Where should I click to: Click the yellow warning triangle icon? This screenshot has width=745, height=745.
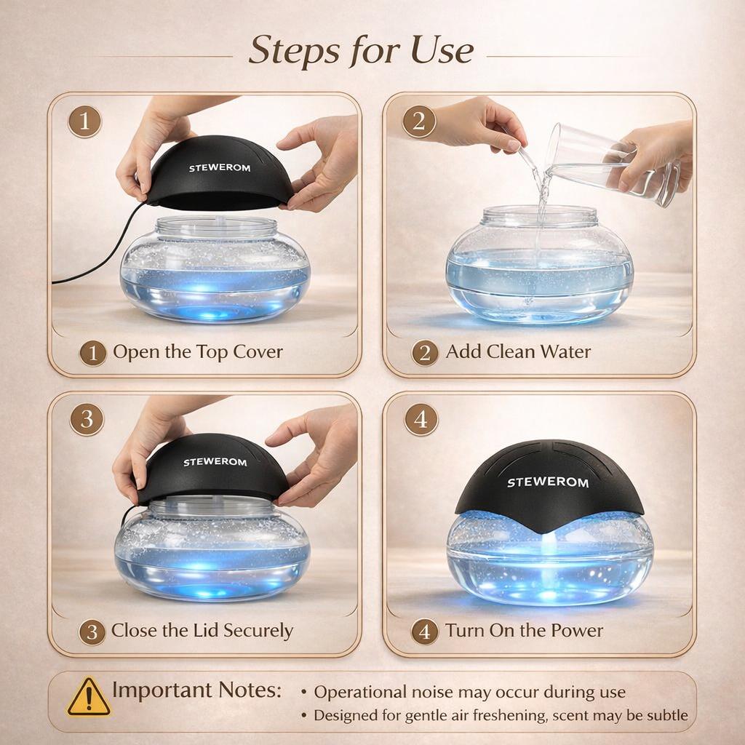click(89, 698)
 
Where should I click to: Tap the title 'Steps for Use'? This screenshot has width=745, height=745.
click(361, 50)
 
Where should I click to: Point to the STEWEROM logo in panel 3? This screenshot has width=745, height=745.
click(215, 462)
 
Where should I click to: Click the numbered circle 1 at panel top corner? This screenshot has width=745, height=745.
click(84, 121)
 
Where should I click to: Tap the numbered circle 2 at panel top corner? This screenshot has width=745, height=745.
click(419, 121)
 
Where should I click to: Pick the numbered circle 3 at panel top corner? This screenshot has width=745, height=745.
click(86, 420)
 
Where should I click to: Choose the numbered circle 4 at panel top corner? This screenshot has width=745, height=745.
click(421, 420)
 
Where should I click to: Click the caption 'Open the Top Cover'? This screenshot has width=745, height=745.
click(197, 352)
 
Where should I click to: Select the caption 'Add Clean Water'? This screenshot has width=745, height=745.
click(518, 352)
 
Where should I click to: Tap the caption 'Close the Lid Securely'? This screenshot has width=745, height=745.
click(202, 630)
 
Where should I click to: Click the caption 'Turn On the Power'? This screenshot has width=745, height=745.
click(524, 630)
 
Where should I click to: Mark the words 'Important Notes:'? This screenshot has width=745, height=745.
click(196, 690)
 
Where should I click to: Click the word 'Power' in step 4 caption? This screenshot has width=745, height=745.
click(575, 630)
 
